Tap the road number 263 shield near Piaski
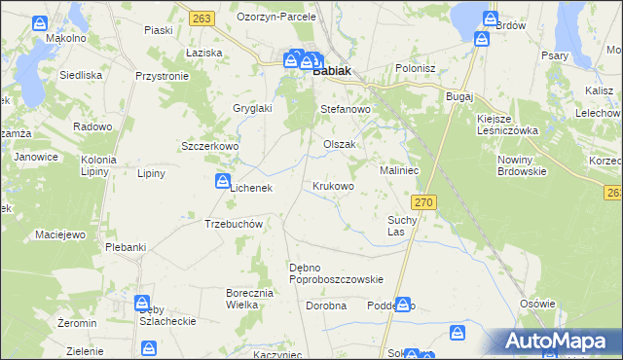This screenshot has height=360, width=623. click(202, 18)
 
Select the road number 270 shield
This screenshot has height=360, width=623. click(421, 201)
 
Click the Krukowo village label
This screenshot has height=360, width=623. click(333, 185)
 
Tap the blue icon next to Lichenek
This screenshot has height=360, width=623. click(222, 180)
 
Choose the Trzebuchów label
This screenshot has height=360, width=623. click(235, 223)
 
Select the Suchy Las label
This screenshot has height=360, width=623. click(402, 226)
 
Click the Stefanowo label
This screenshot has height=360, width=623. click(347, 110)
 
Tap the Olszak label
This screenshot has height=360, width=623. click(340, 144)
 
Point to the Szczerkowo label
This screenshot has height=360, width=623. click(210, 146)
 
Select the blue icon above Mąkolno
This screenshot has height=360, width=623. click(38, 22)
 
